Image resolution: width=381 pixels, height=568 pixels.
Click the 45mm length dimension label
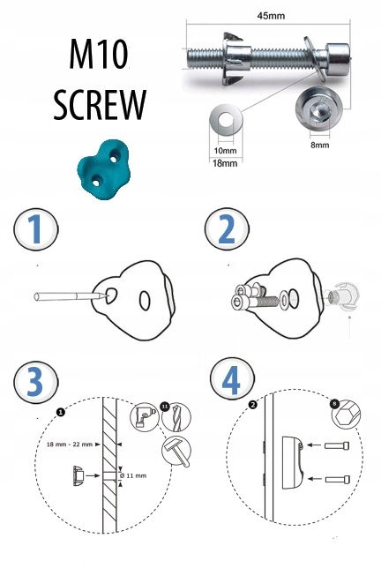pyautogui.click(x=271, y=16)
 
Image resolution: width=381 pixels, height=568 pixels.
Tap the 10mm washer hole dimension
pyautogui.click(x=225, y=150)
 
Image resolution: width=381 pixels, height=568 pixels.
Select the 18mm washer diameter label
pyautogui.click(x=225, y=163)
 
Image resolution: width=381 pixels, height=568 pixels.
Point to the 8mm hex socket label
pyautogui.click(x=320, y=145)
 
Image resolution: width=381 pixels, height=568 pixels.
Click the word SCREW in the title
pyautogui.click(x=100, y=105)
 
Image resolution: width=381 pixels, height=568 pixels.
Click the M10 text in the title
pyautogui.click(x=99, y=55)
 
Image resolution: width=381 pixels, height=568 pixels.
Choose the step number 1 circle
pyautogui.click(x=36, y=229)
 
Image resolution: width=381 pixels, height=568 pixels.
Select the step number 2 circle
pyautogui.click(x=227, y=229)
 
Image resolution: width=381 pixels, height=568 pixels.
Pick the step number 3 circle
pyautogui.click(x=35, y=383)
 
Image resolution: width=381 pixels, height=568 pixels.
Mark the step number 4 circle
pyautogui.click(x=232, y=379)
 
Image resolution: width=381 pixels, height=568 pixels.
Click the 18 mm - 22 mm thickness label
pyautogui.click(x=70, y=445)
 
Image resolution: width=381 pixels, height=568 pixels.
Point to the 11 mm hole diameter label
pyautogui.click(x=136, y=475)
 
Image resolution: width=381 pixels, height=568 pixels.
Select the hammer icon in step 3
pyautogui.click(x=176, y=451)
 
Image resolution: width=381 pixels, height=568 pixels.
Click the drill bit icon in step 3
pyautogui.click(x=176, y=417)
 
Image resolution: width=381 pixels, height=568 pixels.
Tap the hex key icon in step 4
pyautogui.click(x=347, y=415)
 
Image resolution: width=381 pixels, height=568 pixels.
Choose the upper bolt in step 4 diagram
pyautogui.click(x=337, y=445)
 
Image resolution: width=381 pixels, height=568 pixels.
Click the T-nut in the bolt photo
pyautogui.click(x=235, y=58)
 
